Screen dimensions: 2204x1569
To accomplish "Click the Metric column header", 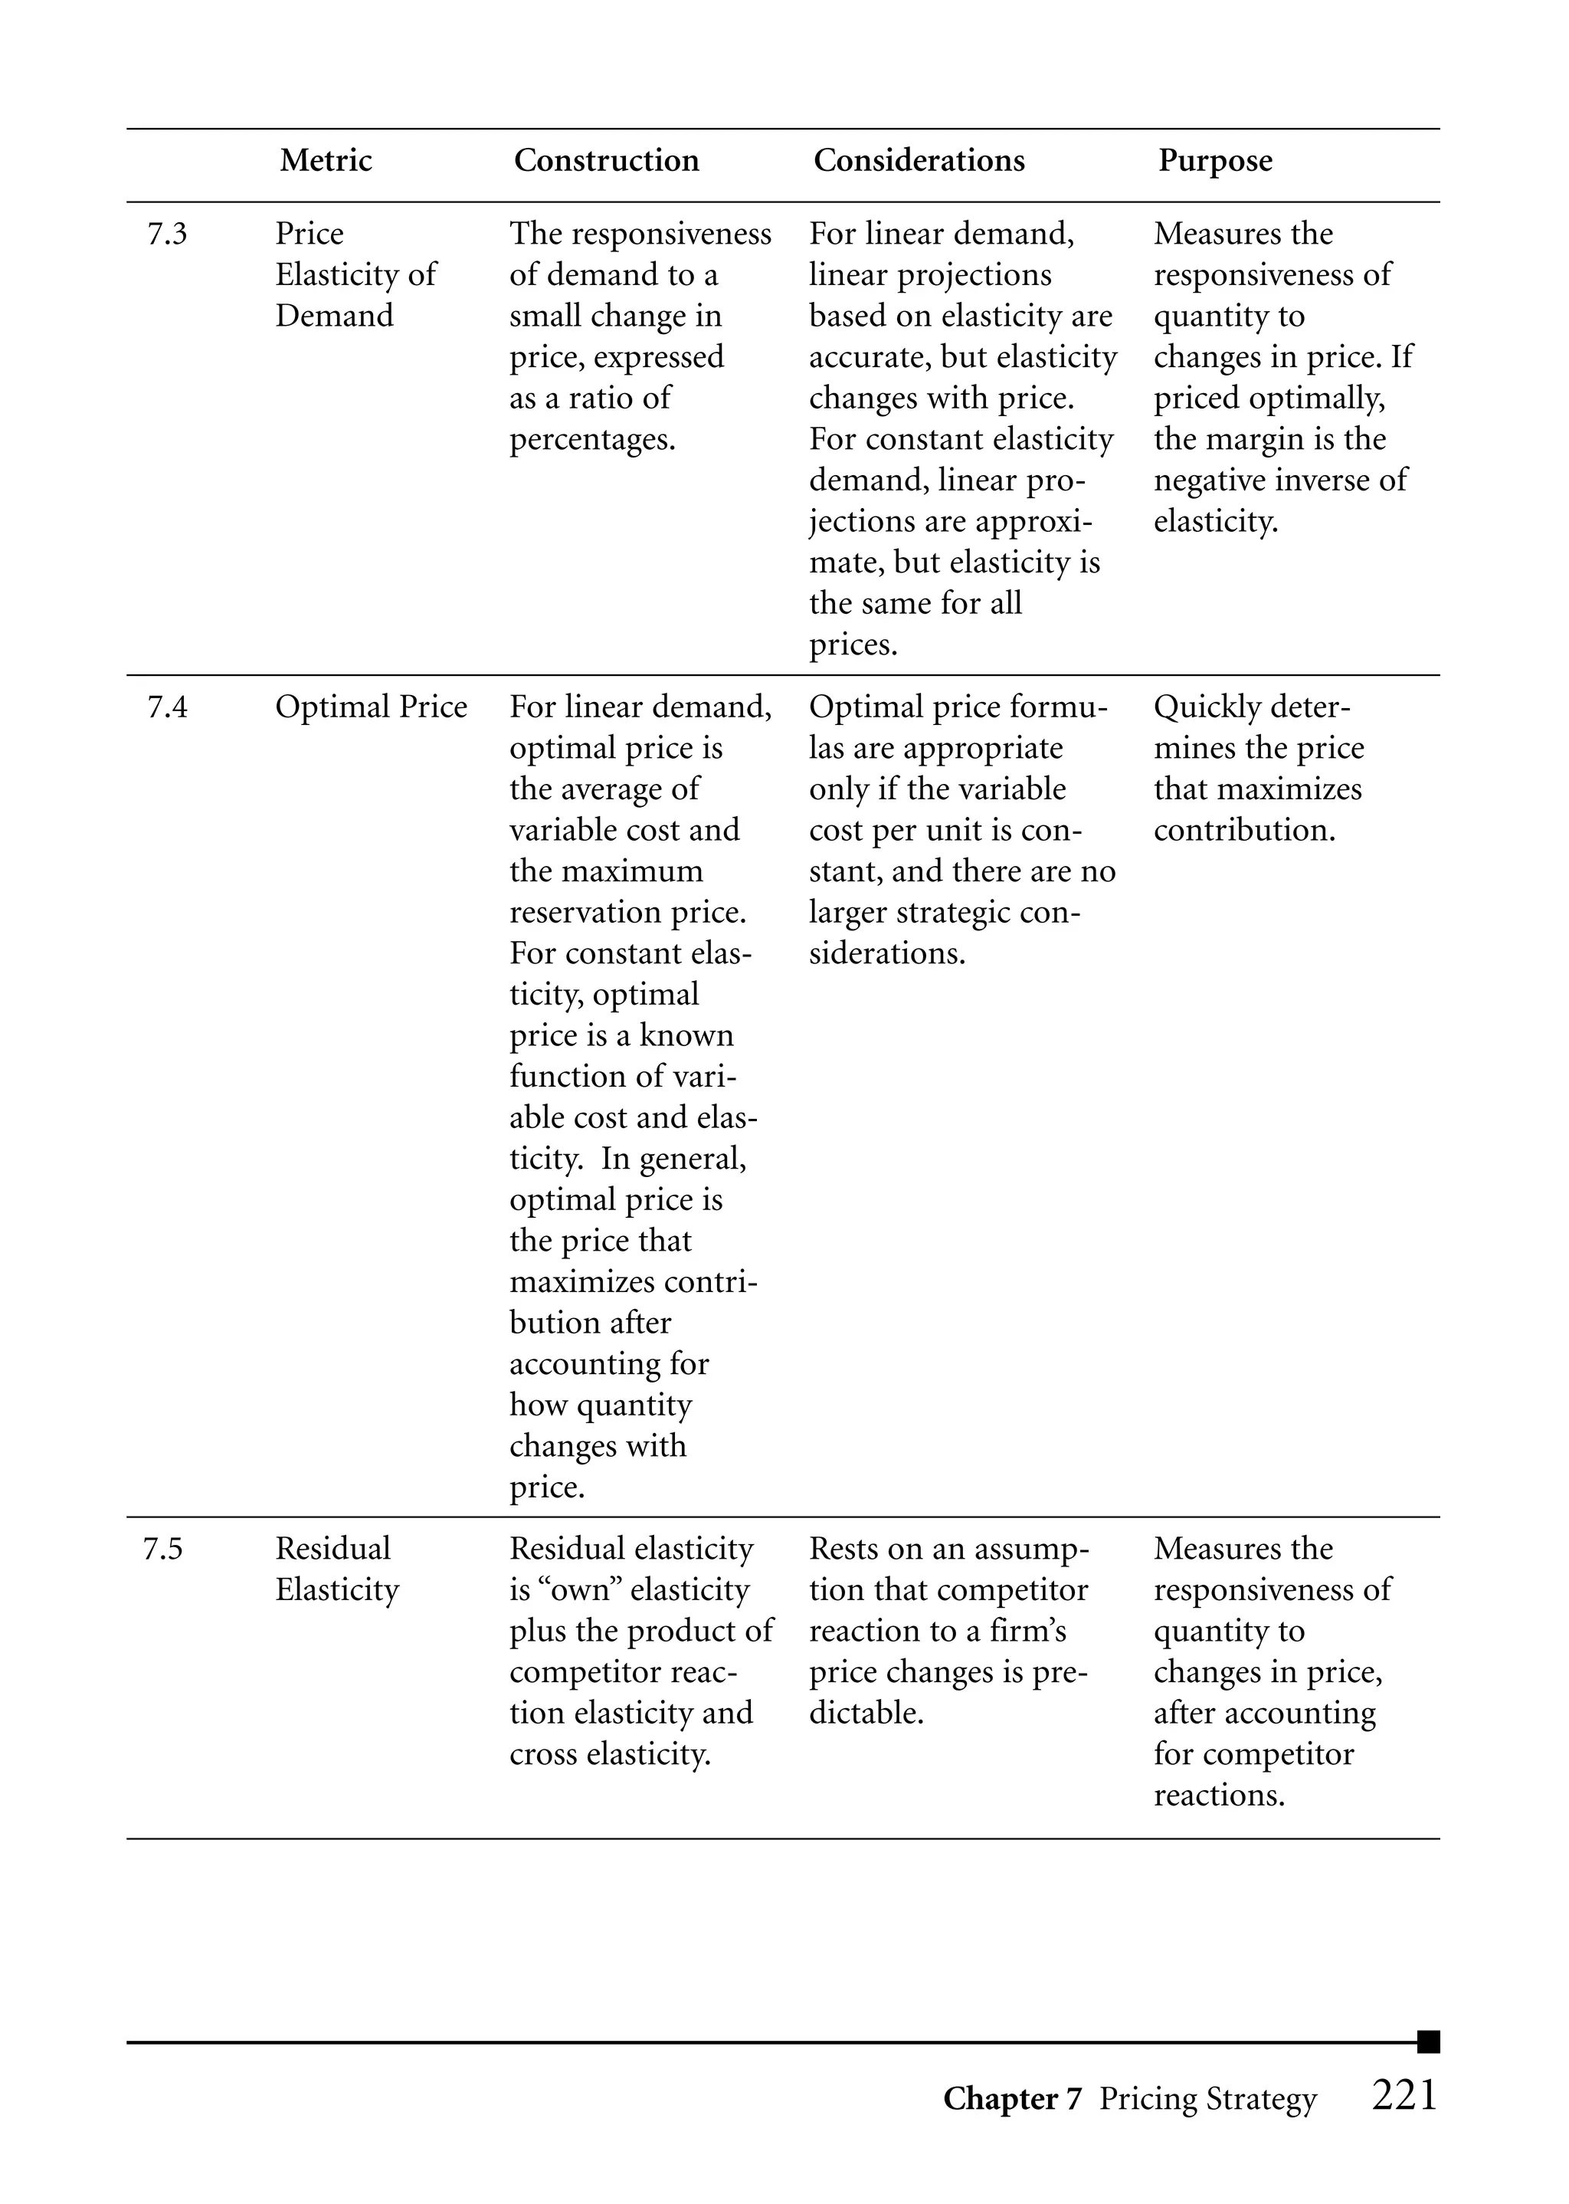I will tap(326, 160).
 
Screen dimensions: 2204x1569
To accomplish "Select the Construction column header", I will tap(606, 160).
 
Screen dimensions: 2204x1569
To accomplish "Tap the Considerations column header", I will tap(919, 160).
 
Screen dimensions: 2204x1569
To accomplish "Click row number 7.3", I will tap(167, 234).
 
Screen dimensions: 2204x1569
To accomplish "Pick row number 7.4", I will tap(167, 707).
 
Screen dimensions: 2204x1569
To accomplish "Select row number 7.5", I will tap(162, 1549).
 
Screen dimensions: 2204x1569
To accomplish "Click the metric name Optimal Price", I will tap(371, 707).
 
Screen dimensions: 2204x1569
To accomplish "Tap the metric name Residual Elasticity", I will tap(336, 1569).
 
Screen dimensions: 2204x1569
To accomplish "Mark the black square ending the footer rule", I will tap(1428, 2042).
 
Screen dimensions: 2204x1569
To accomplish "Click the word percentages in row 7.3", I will tap(591, 441).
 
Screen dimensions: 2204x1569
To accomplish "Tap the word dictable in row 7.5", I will tap(866, 1713).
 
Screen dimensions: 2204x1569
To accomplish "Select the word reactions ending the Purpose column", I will tap(1218, 1796).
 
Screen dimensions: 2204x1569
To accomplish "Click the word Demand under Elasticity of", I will tap(334, 316).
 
